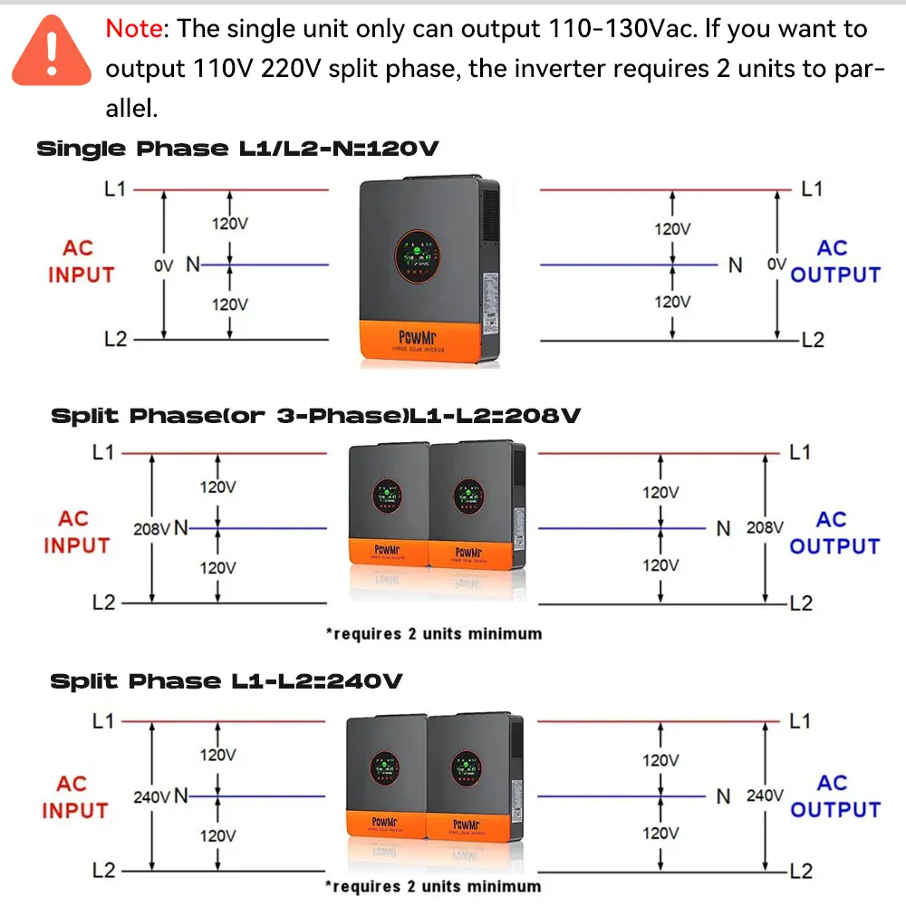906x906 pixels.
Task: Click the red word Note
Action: point(134,29)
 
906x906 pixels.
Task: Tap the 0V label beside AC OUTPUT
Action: point(776,265)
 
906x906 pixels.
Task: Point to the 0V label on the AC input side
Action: point(163,265)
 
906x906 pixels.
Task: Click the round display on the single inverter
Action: point(418,254)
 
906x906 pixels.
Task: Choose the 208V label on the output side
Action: point(765,527)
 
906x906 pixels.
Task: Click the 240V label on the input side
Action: point(151,797)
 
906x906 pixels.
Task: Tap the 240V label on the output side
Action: point(765,795)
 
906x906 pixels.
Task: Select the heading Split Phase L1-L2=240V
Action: point(226,681)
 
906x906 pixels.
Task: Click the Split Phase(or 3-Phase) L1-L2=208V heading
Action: point(315,416)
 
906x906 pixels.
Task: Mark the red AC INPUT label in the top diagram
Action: point(81,262)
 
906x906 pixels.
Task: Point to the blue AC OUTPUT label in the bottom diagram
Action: point(834,796)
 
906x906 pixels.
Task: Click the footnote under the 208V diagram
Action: point(433,633)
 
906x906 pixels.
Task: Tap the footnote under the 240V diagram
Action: point(433,886)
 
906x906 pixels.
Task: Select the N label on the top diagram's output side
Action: point(736,265)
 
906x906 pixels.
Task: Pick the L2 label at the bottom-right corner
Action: point(801,872)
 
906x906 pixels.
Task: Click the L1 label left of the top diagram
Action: point(116,190)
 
